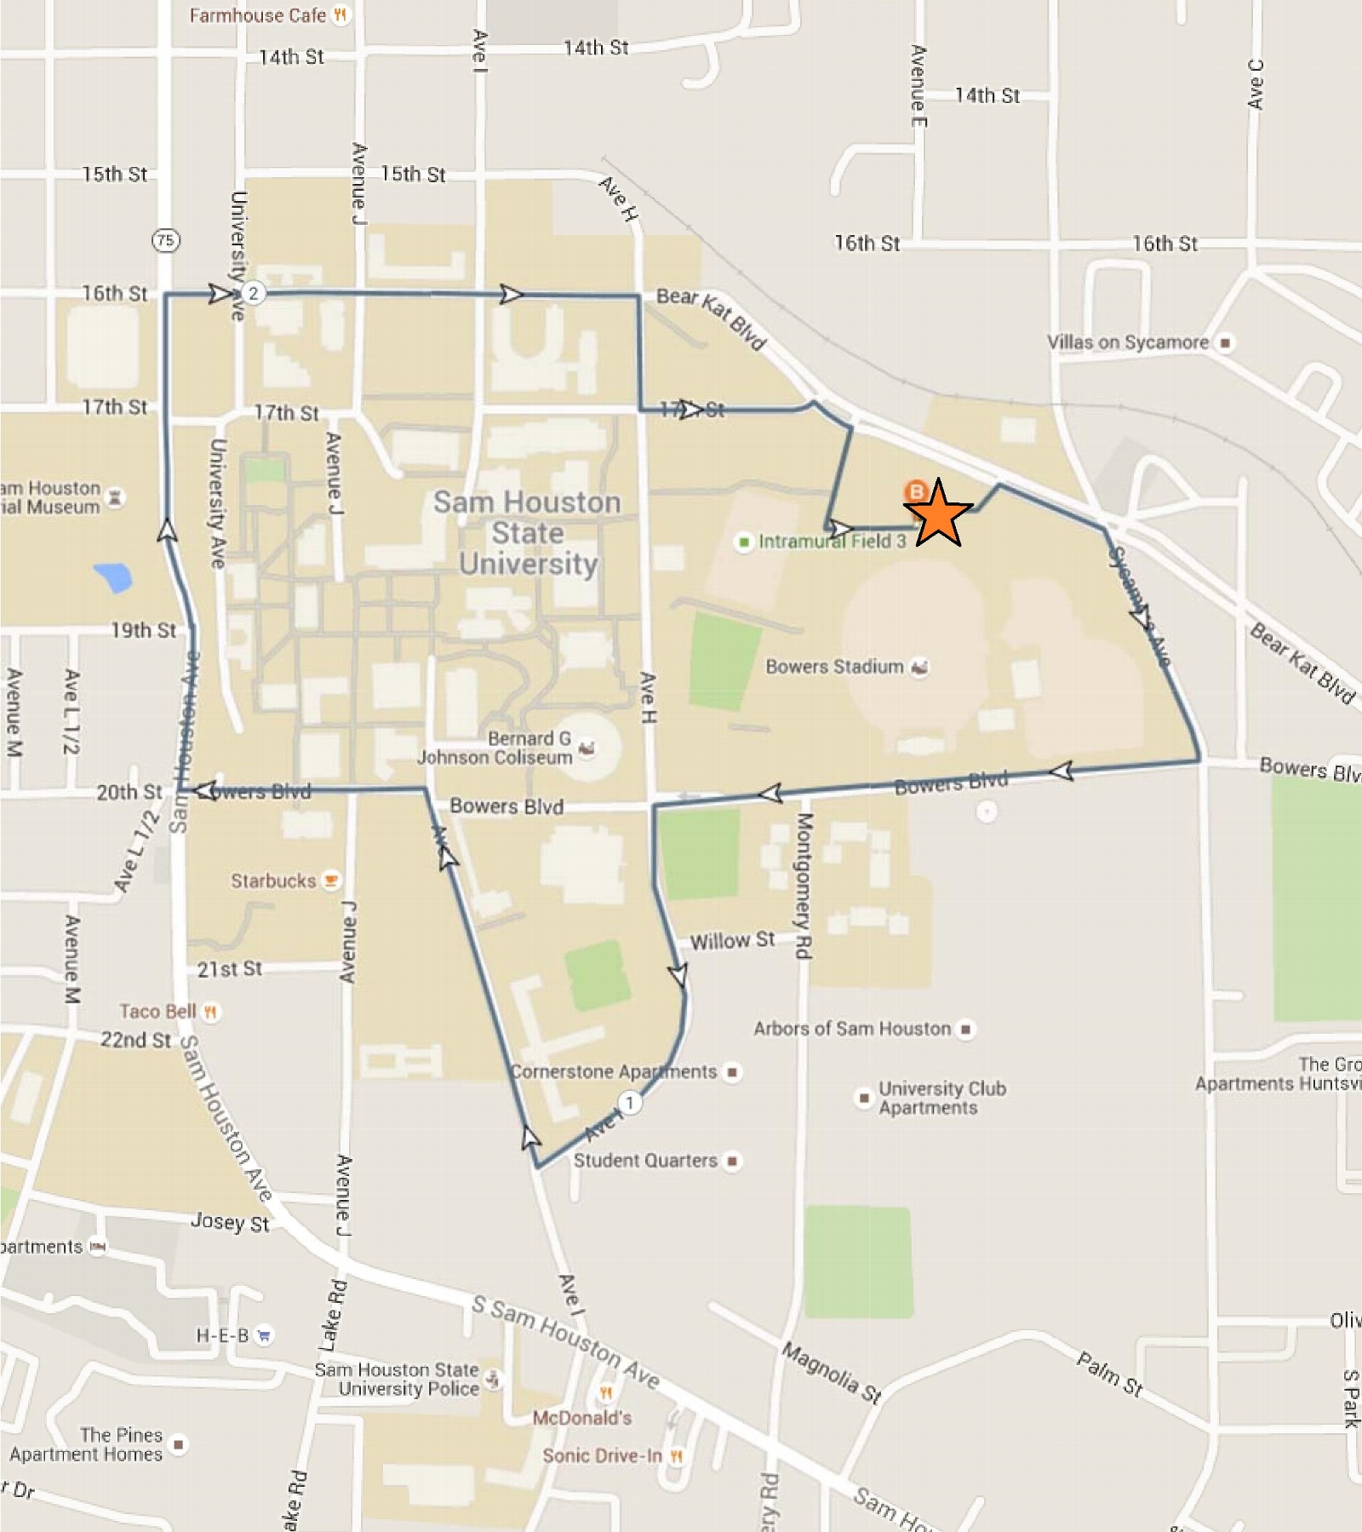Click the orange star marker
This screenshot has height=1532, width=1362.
click(x=937, y=514)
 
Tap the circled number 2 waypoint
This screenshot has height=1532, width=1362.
click(x=253, y=294)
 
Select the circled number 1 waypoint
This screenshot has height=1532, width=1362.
click(x=629, y=1103)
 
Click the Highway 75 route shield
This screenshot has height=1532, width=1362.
click(x=166, y=240)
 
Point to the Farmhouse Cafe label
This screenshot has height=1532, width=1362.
click(x=258, y=15)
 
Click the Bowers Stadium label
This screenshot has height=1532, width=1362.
click(x=834, y=667)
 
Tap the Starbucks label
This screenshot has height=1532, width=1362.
click(x=273, y=881)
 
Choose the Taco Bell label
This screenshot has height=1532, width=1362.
click(x=158, y=1011)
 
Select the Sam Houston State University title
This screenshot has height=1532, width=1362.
click(x=528, y=533)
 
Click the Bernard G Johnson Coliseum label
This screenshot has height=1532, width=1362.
click(x=495, y=748)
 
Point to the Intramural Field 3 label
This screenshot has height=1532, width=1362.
click(x=832, y=542)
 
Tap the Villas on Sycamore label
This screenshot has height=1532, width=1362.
click(x=1128, y=342)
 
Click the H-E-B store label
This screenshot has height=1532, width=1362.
click(x=223, y=1334)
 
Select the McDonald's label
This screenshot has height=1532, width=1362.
click(x=582, y=1418)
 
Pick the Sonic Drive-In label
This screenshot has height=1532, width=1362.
click(x=602, y=1455)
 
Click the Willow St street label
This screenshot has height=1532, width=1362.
click(x=732, y=941)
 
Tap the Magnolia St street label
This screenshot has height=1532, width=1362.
click(x=832, y=1373)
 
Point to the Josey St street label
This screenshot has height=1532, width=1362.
click(x=230, y=1222)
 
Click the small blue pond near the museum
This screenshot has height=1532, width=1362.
click(x=113, y=577)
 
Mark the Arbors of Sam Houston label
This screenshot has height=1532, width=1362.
click(x=852, y=1029)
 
